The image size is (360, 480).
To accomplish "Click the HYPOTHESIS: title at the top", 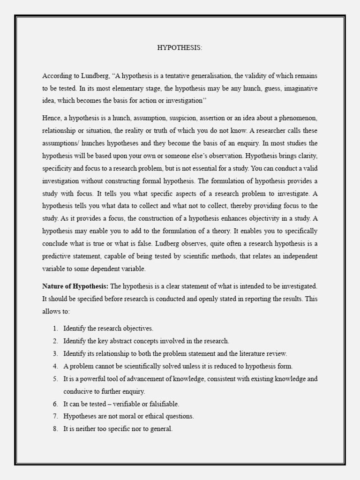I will click(180, 48).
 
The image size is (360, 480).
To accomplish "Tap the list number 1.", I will click(55, 328).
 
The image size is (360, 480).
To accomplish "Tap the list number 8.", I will click(55, 428).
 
